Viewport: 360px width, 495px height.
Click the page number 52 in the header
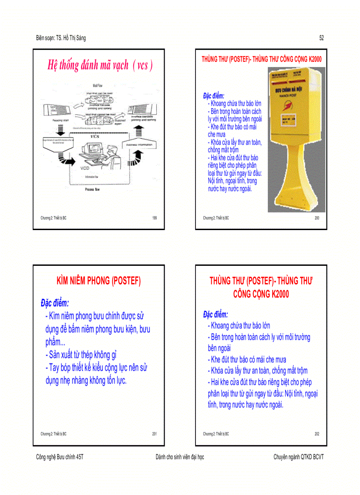[x=322, y=38]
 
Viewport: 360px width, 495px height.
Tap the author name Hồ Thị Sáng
[x=75, y=38]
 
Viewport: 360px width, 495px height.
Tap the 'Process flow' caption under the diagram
[x=92, y=190]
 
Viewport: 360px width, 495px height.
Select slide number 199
[x=154, y=218]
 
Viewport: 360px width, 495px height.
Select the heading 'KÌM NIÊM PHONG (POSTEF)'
[x=99, y=281]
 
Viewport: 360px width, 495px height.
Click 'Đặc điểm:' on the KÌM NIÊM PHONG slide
[x=55, y=303]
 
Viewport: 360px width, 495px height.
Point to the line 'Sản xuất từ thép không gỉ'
[x=81, y=354]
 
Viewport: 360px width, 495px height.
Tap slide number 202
[x=317, y=434]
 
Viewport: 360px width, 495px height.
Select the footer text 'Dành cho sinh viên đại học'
[x=180, y=457]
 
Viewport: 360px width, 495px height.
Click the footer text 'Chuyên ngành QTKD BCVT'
[x=298, y=457]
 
